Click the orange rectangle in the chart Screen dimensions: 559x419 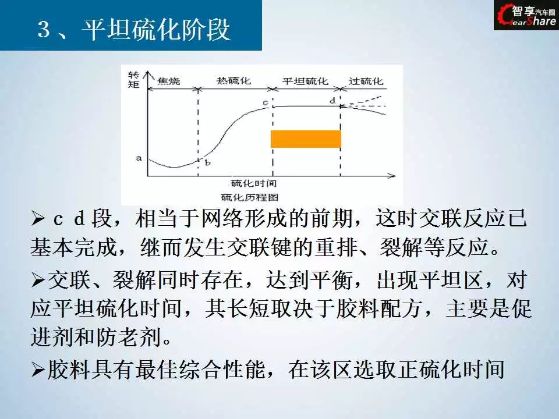click(x=306, y=139)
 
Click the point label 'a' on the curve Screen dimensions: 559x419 click(x=139, y=158)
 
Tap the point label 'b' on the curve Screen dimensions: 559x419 click(x=207, y=162)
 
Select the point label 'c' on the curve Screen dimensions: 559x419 click(x=266, y=103)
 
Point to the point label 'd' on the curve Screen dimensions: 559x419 click(x=332, y=101)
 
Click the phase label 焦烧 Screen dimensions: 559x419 click(x=169, y=81)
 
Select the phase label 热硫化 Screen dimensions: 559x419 click(x=234, y=80)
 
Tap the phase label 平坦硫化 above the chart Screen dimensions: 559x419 click(x=305, y=81)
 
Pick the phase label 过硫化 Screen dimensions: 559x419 click(x=366, y=81)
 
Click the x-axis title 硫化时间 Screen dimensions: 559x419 click(x=253, y=183)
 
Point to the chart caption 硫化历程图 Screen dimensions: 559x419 click(x=250, y=197)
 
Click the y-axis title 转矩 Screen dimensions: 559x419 click(x=133, y=80)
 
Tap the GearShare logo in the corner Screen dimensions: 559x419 click(x=526, y=15)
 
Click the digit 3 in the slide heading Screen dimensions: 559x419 click(x=44, y=29)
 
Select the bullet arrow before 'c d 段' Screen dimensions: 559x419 click(x=37, y=218)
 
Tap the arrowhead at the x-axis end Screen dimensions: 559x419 click(x=391, y=175)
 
